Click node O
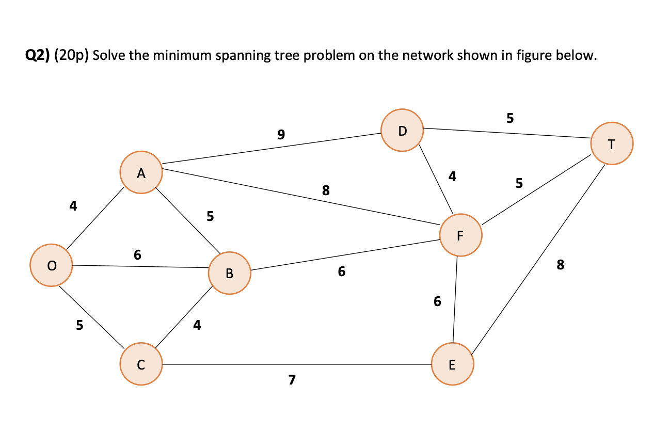tap(51, 265)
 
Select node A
tap(141, 173)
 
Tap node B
tap(229, 273)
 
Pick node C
tap(141, 364)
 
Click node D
tap(403, 130)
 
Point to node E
tap(452, 365)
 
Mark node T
tap(611, 143)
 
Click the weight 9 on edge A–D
tap(281, 135)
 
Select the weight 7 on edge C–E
tap(292, 380)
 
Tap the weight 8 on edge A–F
tap(326, 190)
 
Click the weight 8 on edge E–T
tap(561, 265)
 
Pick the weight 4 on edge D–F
tap(452, 177)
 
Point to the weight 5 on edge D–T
tap(510, 118)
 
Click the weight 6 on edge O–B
tap(137, 254)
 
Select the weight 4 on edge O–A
tap(73, 206)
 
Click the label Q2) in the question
tap(38, 55)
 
